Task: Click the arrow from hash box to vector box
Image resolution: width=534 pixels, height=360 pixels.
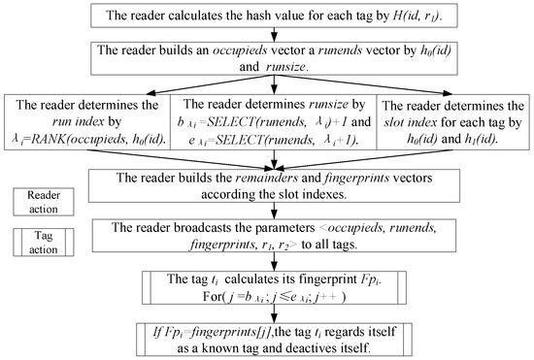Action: point(266,37)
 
